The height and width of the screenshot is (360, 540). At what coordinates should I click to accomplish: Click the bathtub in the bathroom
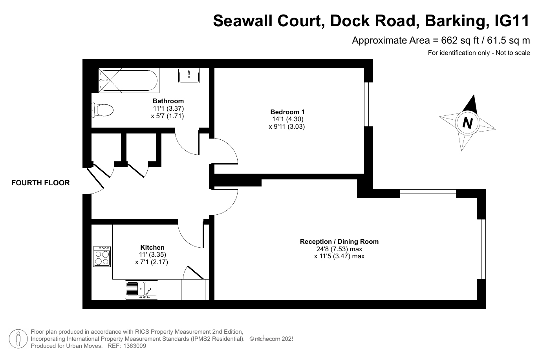(x=129, y=80)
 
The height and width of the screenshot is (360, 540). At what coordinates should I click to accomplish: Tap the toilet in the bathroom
(x=103, y=110)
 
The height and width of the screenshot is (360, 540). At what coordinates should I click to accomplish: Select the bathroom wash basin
(x=189, y=76)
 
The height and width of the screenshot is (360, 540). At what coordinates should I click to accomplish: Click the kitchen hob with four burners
(x=102, y=257)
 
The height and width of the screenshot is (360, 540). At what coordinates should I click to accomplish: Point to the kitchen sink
(x=141, y=290)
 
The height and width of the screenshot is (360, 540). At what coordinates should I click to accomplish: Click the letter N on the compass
(x=467, y=123)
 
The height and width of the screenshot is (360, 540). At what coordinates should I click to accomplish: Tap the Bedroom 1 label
(x=287, y=112)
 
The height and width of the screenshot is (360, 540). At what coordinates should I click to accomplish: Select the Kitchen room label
(x=152, y=247)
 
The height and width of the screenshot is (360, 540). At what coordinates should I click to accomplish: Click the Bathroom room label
(x=168, y=101)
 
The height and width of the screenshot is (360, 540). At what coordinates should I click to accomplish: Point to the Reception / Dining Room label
(x=339, y=241)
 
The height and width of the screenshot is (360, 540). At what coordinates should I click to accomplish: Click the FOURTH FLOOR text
(x=40, y=183)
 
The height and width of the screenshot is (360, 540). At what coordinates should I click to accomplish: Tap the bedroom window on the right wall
(x=368, y=104)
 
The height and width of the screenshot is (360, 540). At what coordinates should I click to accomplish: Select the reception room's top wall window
(x=428, y=194)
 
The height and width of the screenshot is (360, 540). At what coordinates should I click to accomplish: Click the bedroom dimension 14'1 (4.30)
(x=287, y=119)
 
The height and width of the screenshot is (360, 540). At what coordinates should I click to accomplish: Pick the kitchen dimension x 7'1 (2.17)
(x=151, y=262)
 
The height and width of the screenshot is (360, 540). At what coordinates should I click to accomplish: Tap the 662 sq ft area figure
(x=460, y=40)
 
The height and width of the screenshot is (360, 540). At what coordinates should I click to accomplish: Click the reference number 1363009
(x=135, y=346)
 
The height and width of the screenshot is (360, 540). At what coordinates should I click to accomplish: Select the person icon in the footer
(x=18, y=339)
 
